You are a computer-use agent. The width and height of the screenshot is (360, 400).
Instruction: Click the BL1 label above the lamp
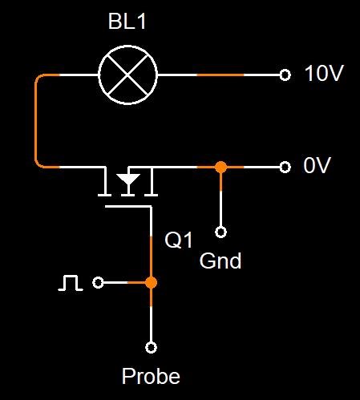(x=127, y=22)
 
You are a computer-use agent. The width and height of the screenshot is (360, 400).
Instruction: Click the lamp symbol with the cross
(x=127, y=75)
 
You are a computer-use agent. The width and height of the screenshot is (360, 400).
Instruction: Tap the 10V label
(x=324, y=73)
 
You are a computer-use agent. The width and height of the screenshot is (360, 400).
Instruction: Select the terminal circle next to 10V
(x=285, y=75)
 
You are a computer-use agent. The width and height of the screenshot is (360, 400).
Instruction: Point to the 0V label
(x=317, y=165)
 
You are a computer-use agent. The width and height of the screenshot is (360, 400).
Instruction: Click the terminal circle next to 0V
(x=285, y=168)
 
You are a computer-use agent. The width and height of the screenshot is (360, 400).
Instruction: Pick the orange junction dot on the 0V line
(x=220, y=168)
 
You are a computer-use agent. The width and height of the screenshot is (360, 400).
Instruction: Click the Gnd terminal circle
(x=220, y=232)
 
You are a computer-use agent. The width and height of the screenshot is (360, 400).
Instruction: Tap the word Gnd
(x=220, y=261)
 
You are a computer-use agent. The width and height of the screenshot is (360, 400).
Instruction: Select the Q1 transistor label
(x=179, y=240)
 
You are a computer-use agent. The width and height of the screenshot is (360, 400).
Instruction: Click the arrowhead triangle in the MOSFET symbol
(x=128, y=179)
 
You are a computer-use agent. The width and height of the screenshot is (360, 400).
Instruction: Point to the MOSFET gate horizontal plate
(x=128, y=206)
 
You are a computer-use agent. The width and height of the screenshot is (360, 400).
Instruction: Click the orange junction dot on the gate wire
(x=151, y=282)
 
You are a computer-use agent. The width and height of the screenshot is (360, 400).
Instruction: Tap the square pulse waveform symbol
(x=71, y=283)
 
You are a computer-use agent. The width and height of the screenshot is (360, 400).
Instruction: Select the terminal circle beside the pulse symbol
(x=98, y=282)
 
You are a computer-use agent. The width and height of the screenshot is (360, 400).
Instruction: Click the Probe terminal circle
(x=151, y=347)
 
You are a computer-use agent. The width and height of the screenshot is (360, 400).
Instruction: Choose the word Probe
(x=151, y=376)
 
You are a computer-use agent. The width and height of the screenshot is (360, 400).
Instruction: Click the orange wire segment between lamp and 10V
(x=220, y=75)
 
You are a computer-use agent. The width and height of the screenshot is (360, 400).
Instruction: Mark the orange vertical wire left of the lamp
(x=36, y=121)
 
